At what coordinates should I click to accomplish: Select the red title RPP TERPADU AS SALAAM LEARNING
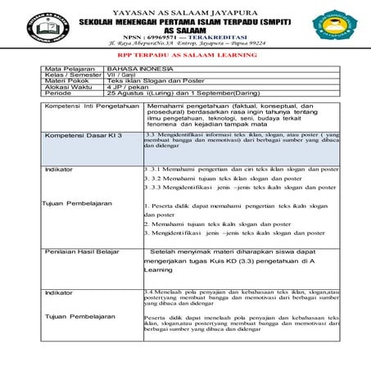point(185,59)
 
